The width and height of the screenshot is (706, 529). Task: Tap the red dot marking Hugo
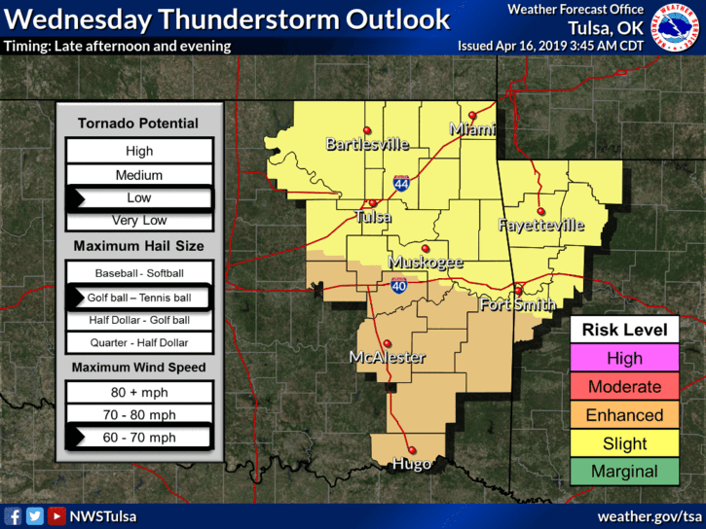[x=412, y=449]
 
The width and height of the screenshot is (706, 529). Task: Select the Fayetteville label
[x=540, y=225]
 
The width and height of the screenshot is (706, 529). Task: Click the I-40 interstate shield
[x=399, y=285]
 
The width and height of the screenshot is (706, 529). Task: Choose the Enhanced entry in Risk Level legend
[x=624, y=415]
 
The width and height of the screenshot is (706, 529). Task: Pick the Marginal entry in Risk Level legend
[x=624, y=472]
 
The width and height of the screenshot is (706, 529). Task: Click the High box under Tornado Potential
[x=139, y=151]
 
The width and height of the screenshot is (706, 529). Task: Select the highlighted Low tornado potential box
[x=139, y=197]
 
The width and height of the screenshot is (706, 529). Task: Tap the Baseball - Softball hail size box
[x=139, y=273]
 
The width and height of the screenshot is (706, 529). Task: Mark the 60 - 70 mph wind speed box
[x=139, y=438]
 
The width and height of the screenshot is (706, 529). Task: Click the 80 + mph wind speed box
[x=139, y=391]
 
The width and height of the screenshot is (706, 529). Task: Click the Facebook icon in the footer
[x=14, y=516]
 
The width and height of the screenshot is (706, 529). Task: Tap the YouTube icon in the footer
[x=56, y=516]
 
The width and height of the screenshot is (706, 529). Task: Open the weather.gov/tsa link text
[x=649, y=515]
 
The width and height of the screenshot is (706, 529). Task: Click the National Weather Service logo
[x=678, y=26]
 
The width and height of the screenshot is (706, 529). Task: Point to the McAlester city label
[x=388, y=358]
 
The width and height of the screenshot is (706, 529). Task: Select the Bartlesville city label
[x=367, y=145]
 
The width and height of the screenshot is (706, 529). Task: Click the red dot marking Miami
[x=472, y=115]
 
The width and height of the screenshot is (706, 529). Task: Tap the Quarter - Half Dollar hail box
[x=139, y=342]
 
